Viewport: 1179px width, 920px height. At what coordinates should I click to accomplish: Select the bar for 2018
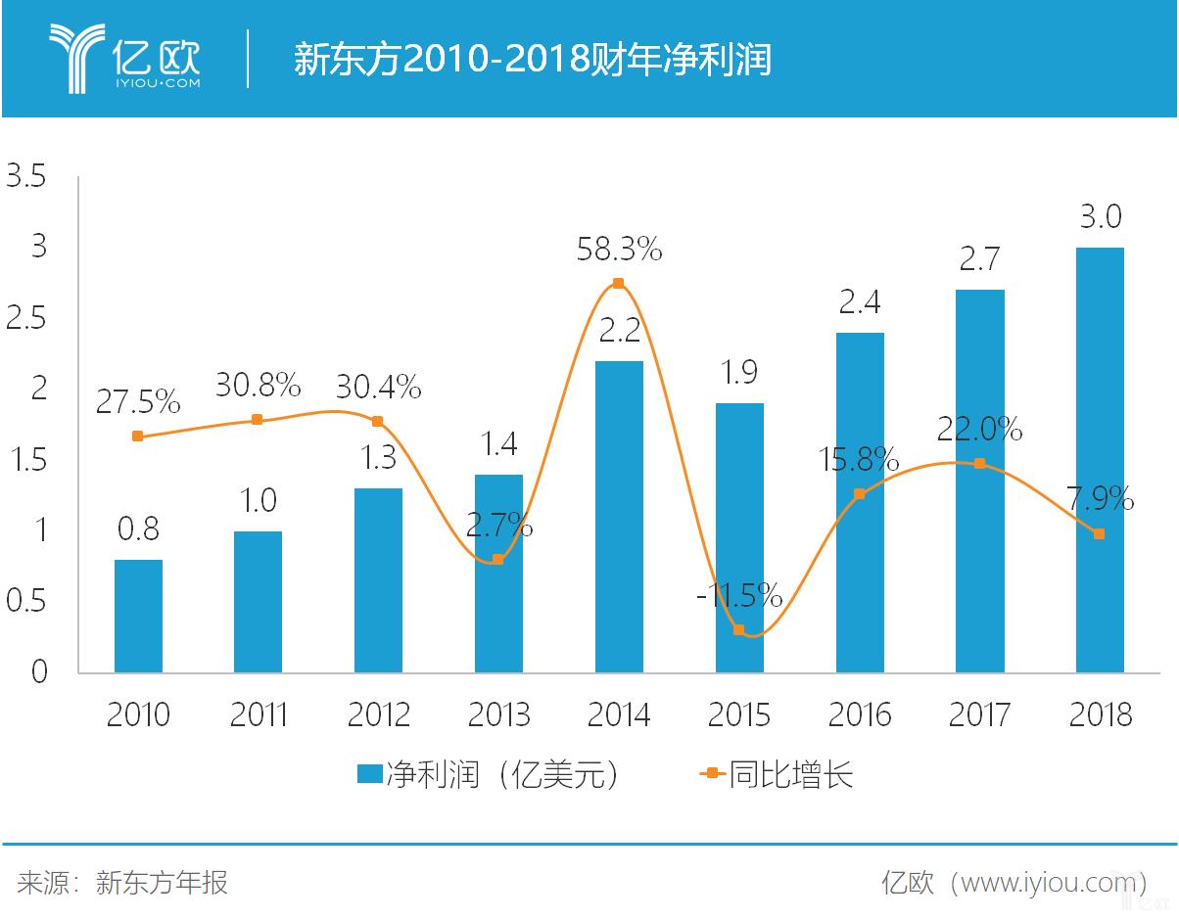click(x=1100, y=459)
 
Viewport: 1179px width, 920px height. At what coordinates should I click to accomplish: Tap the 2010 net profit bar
click(x=138, y=616)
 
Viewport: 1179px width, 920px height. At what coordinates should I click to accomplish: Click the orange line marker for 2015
click(x=738, y=630)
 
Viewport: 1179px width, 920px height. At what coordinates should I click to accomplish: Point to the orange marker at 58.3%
click(x=618, y=284)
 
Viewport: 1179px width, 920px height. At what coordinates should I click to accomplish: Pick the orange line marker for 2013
click(x=497, y=559)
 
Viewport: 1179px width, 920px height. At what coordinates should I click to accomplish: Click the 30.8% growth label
click(x=258, y=386)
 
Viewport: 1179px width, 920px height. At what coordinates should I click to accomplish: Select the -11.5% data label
click(x=739, y=594)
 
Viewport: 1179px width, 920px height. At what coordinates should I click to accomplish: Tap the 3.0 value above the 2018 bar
click(x=1100, y=216)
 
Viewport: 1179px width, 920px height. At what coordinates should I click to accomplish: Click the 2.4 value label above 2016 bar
click(x=859, y=302)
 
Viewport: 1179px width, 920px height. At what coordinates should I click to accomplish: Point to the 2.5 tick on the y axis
click(x=26, y=318)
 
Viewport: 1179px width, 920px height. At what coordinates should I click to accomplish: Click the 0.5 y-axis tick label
click(x=26, y=601)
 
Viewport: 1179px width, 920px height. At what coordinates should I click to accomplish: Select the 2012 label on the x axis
click(x=378, y=714)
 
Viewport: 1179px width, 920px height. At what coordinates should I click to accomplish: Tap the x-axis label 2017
click(x=979, y=714)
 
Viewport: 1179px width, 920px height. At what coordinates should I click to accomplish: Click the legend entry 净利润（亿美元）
click(x=490, y=774)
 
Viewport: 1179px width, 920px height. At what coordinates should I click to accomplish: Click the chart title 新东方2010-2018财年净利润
click(x=533, y=60)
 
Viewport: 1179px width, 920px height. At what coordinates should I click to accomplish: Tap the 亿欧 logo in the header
click(x=125, y=59)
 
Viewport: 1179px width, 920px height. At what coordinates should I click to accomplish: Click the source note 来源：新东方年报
click(x=122, y=882)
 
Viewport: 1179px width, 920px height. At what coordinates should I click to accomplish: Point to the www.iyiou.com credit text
click(x=1014, y=882)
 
